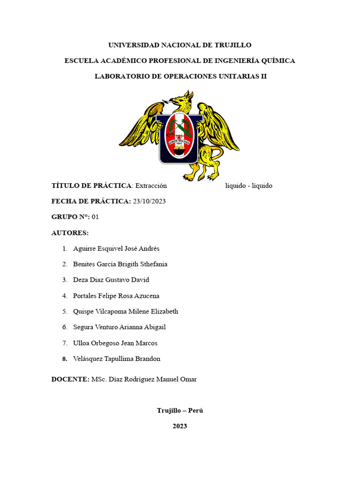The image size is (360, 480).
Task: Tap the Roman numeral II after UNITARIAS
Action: (263, 76)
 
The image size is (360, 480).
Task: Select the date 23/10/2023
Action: (150, 201)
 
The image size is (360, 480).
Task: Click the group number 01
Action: (96, 217)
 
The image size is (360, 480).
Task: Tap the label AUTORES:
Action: (70, 233)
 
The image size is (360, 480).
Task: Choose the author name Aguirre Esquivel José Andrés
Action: (116, 248)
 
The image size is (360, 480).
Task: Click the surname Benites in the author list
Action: (84, 264)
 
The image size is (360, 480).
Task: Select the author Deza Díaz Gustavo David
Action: (111, 280)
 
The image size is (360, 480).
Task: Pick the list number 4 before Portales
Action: (64, 296)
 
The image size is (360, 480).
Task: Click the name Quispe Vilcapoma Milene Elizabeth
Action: (126, 311)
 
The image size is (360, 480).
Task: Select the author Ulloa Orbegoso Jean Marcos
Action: (115, 343)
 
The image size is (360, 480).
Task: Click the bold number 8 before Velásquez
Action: (64, 359)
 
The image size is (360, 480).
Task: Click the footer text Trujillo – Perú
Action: (180, 410)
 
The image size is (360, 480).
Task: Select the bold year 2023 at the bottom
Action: (180, 426)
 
